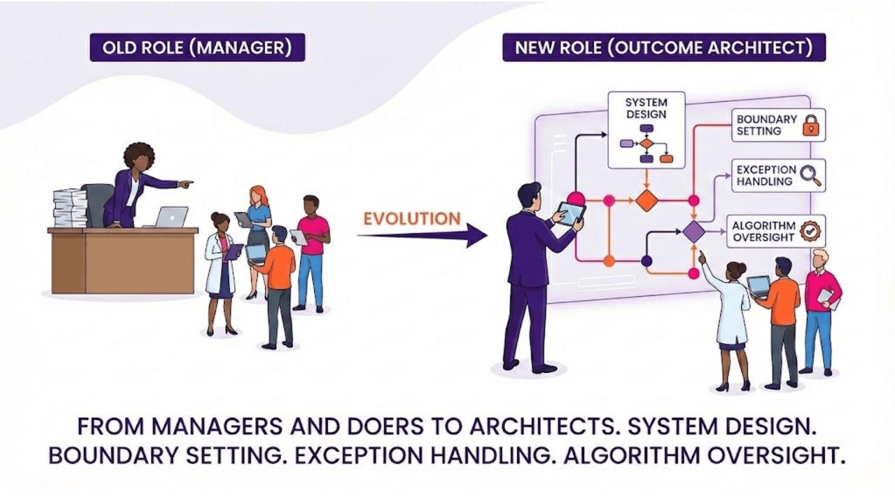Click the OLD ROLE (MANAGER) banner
click(x=197, y=48)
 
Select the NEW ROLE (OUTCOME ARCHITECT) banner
click(x=664, y=48)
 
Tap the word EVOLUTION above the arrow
click(x=412, y=219)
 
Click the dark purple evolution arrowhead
click(x=475, y=235)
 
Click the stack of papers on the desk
click(x=69, y=208)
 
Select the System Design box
click(x=646, y=130)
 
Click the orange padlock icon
click(x=811, y=125)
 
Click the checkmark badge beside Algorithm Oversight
click(x=810, y=231)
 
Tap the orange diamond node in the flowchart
click(x=646, y=200)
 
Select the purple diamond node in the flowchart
click(x=694, y=232)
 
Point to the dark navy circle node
click(x=646, y=261)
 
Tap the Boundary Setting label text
click(x=766, y=125)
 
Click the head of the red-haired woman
click(x=258, y=195)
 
